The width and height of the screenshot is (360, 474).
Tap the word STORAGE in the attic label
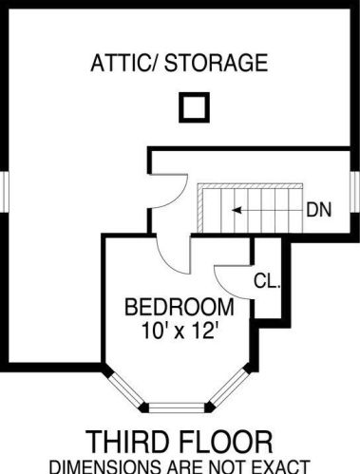(217, 63)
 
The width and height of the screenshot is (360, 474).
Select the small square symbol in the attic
(194, 107)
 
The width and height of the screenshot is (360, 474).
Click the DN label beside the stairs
(319, 210)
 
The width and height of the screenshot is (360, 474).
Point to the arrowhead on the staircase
(237, 210)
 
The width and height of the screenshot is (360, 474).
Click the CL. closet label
(267, 280)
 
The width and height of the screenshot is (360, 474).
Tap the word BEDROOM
(180, 307)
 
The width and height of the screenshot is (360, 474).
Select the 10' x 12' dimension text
(180, 331)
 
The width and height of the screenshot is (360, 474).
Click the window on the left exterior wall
(5, 192)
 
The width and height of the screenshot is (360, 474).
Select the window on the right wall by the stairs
(355, 192)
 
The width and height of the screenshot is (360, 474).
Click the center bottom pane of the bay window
(178, 408)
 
